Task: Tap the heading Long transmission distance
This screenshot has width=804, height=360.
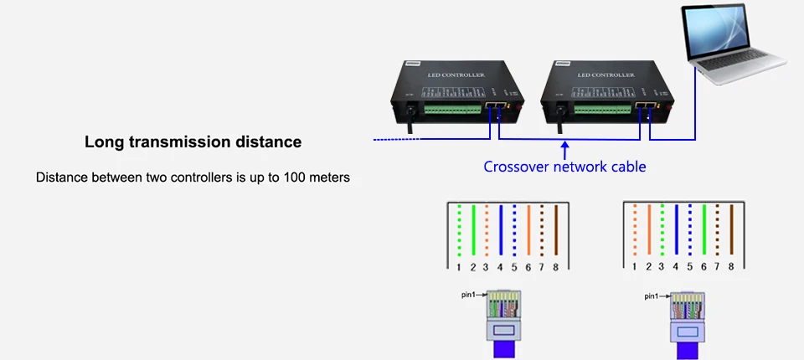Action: (193, 142)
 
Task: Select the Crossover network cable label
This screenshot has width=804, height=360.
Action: (564, 167)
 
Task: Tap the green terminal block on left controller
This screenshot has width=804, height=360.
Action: (453, 109)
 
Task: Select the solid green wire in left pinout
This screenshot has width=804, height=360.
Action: (473, 230)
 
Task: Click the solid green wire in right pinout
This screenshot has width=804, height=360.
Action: (703, 230)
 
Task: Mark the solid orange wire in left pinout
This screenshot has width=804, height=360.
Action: (528, 230)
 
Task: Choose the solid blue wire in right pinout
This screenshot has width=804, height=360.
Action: (676, 230)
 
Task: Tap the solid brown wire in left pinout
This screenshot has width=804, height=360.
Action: (556, 230)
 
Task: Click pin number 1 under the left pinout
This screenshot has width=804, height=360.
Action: (459, 267)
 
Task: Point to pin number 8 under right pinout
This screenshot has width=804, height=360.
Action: (731, 267)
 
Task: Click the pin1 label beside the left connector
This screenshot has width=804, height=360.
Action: (469, 295)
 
